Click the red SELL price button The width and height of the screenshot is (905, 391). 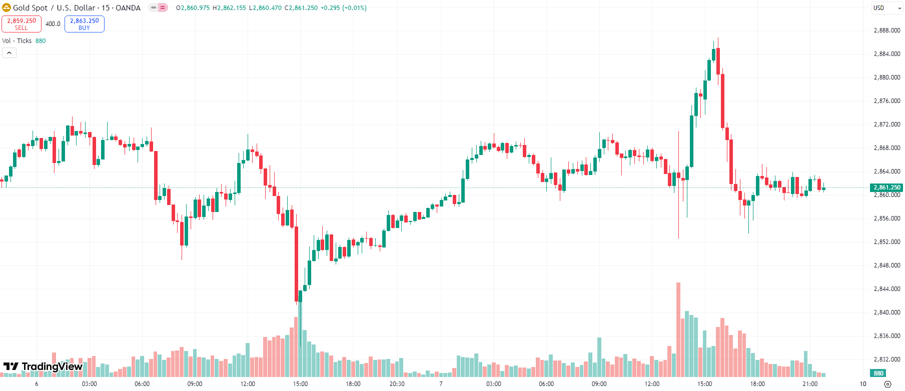click(x=22, y=24)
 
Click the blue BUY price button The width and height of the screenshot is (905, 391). click(x=84, y=24)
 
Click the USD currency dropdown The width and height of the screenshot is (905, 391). click(x=887, y=8)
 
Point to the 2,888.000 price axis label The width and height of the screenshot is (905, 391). click(x=886, y=30)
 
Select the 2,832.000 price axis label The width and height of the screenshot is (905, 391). click(x=886, y=359)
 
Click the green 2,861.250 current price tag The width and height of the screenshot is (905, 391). click(x=886, y=187)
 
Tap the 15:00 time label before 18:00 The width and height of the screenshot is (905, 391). click(x=300, y=384)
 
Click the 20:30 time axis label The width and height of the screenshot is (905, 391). click(x=397, y=384)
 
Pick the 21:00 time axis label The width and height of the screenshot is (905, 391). click(x=810, y=384)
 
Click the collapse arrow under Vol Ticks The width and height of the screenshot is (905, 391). click(x=9, y=52)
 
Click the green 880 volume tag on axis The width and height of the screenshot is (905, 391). click(x=878, y=373)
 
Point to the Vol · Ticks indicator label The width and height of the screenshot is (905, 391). click(x=17, y=41)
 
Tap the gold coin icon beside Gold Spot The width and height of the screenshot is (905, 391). click(x=7, y=8)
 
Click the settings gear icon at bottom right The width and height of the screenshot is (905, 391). click(x=887, y=384)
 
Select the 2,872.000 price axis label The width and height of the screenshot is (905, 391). click(x=886, y=124)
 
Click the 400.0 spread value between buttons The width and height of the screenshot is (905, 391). click(x=53, y=24)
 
